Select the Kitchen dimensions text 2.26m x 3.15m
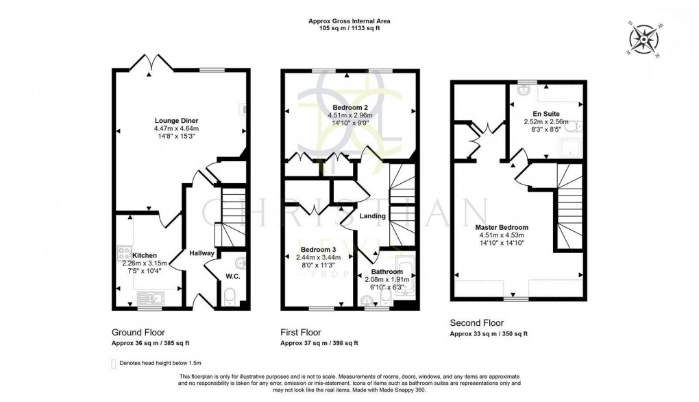point(140,263)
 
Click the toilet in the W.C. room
point(230,296)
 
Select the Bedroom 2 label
point(350,108)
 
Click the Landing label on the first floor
point(373,216)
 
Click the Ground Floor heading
point(138,332)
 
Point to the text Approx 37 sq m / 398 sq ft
point(319,343)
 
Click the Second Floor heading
point(476,322)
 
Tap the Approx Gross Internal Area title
point(349,21)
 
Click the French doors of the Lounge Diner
point(149,63)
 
